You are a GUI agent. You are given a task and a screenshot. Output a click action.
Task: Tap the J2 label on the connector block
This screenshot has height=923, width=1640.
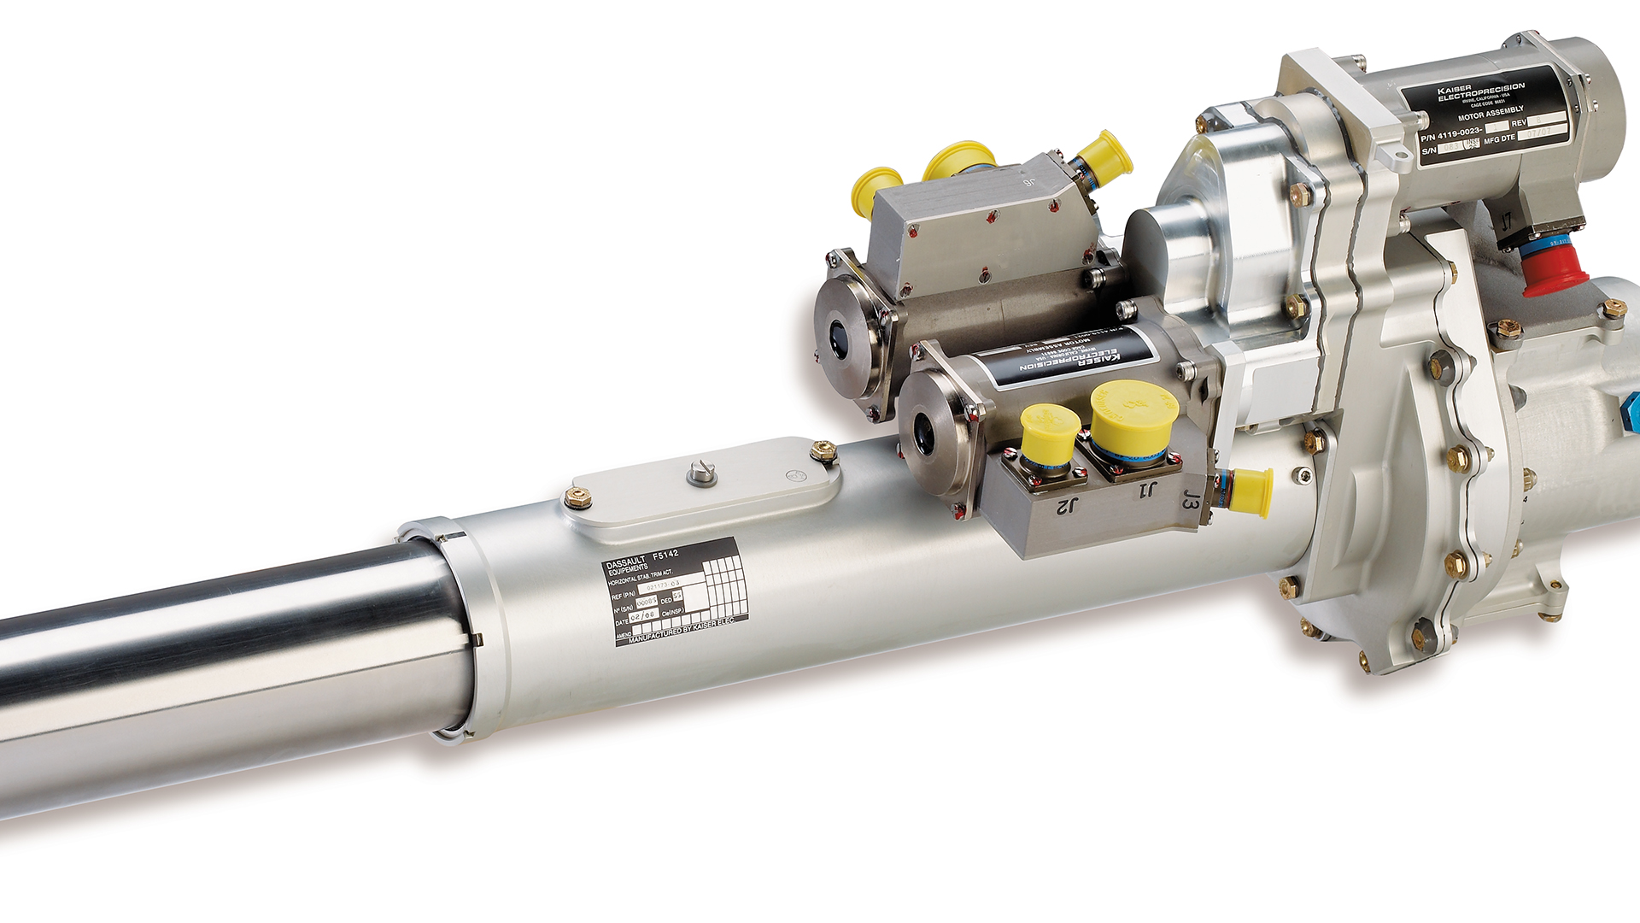1067,506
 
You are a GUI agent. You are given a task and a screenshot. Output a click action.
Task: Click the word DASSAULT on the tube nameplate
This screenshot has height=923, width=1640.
628,563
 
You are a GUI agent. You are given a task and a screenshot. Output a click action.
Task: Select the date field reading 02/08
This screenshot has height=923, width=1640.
643,615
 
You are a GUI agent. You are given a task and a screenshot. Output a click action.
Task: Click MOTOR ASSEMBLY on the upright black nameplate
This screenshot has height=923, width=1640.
1491,113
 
